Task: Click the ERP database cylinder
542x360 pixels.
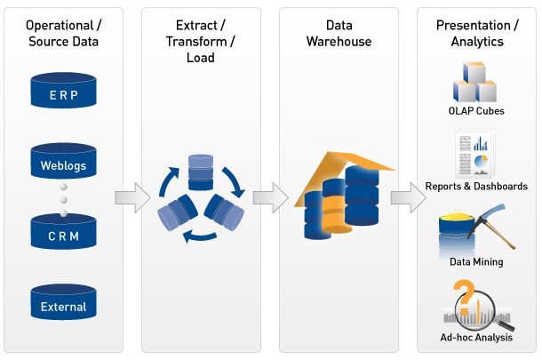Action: [x=63, y=92]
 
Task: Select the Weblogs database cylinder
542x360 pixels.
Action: [x=63, y=162]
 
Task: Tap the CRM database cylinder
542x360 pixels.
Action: [x=63, y=234]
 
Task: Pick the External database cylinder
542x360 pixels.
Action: [x=63, y=304]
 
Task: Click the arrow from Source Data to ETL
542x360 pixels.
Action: [x=133, y=196]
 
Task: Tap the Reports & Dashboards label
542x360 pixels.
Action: [x=476, y=187]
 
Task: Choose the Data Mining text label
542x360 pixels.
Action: [x=476, y=262]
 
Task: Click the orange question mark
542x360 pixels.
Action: [x=462, y=292]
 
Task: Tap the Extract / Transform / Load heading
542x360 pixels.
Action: [x=201, y=42]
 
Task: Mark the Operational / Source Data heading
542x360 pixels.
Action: [x=64, y=34]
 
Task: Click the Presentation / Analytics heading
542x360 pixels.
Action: [x=476, y=34]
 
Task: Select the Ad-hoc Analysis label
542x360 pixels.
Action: [x=476, y=338]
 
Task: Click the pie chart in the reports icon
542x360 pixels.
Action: [x=482, y=163]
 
